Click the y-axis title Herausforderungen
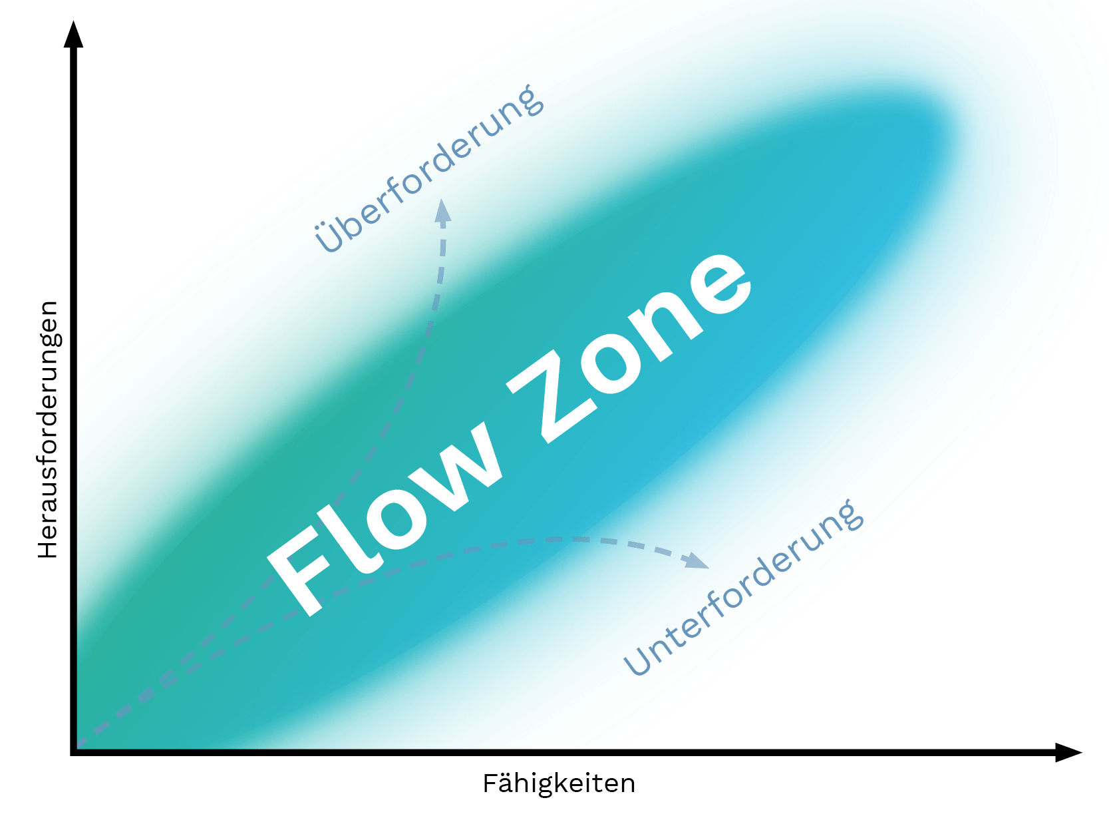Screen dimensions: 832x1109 [x=48, y=429]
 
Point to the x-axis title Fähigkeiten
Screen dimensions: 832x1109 [x=559, y=783]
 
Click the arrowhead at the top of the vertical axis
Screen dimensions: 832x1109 [x=73, y=35]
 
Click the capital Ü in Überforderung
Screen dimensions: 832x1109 [x=329, y=236]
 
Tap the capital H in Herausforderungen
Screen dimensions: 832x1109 [x=48, y=546]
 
